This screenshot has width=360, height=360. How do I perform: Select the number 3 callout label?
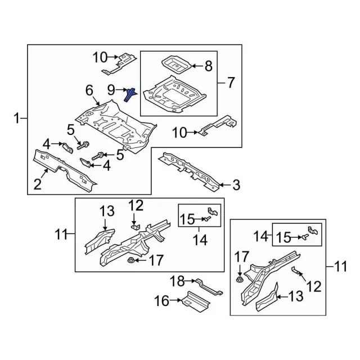[x=236, y=184]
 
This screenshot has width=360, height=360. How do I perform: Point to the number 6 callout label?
[x=89, y=90]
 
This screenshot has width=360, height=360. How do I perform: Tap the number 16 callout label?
[x=161, y=301]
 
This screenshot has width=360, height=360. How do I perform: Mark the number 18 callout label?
[x=177, y=280]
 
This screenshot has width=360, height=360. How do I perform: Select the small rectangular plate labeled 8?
[x=174, y=64]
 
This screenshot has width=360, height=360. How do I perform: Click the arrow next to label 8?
[x=195, y=67]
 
